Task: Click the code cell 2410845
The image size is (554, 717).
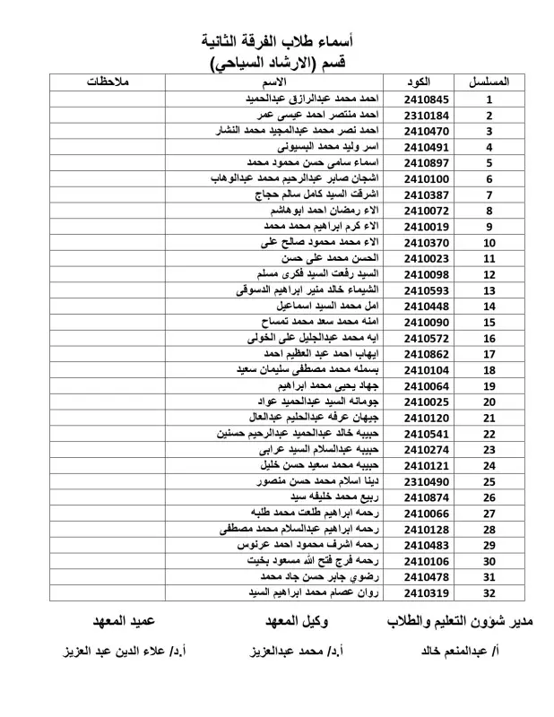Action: [429, 99]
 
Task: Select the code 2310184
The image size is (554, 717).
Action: [429, 115]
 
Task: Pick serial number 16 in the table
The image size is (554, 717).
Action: [489, 339]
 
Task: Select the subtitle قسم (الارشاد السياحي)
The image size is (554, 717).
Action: [284, 63]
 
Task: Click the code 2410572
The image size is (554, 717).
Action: [429, 339]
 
